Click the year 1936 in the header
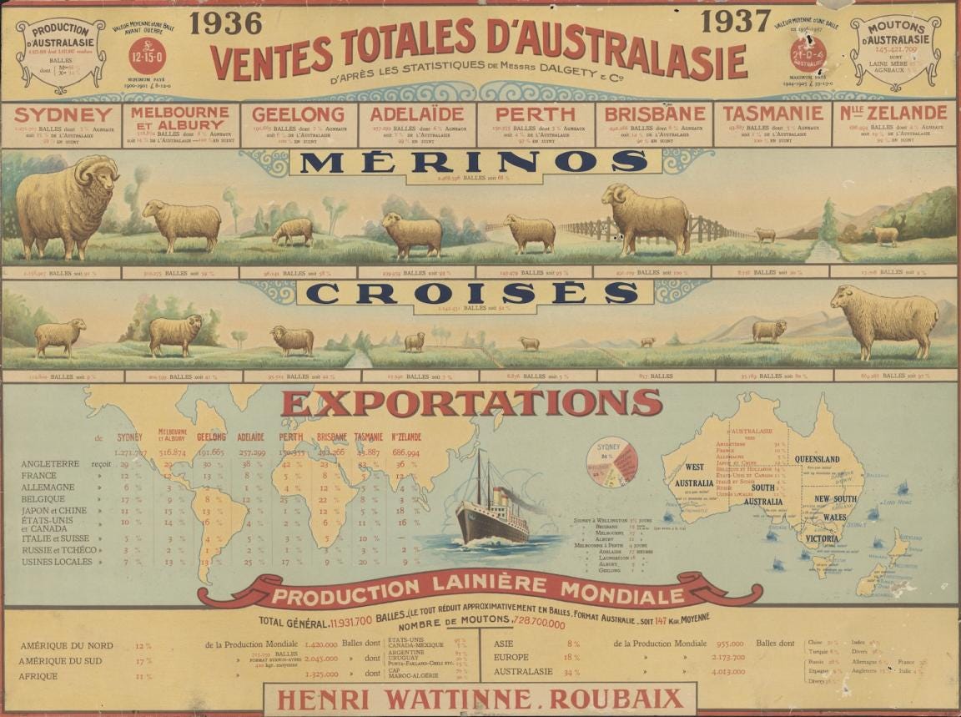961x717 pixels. (225, 23)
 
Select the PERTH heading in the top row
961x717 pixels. (534, 114)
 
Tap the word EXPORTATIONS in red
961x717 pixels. (471, 403)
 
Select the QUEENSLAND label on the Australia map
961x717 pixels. (817, 459)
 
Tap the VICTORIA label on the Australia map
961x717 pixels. (821, 538)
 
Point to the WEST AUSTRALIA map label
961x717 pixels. (693, 475)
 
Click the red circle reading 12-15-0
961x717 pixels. (147, 56)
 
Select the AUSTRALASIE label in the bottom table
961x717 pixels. (525, 671)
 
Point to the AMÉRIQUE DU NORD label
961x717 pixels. (67, 645)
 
